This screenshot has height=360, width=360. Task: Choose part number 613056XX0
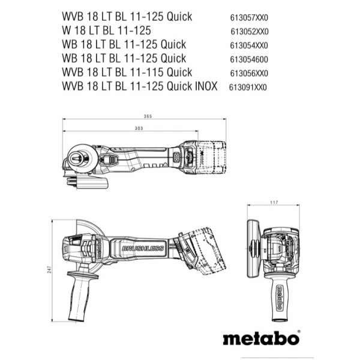tap(249, 73)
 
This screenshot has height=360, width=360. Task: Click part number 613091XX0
tap(247, 87)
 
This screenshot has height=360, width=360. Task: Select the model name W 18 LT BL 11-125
tap(106, 31)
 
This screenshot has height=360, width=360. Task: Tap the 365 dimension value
tap(148, 116)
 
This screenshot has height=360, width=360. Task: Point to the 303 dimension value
tap(138, 128)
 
